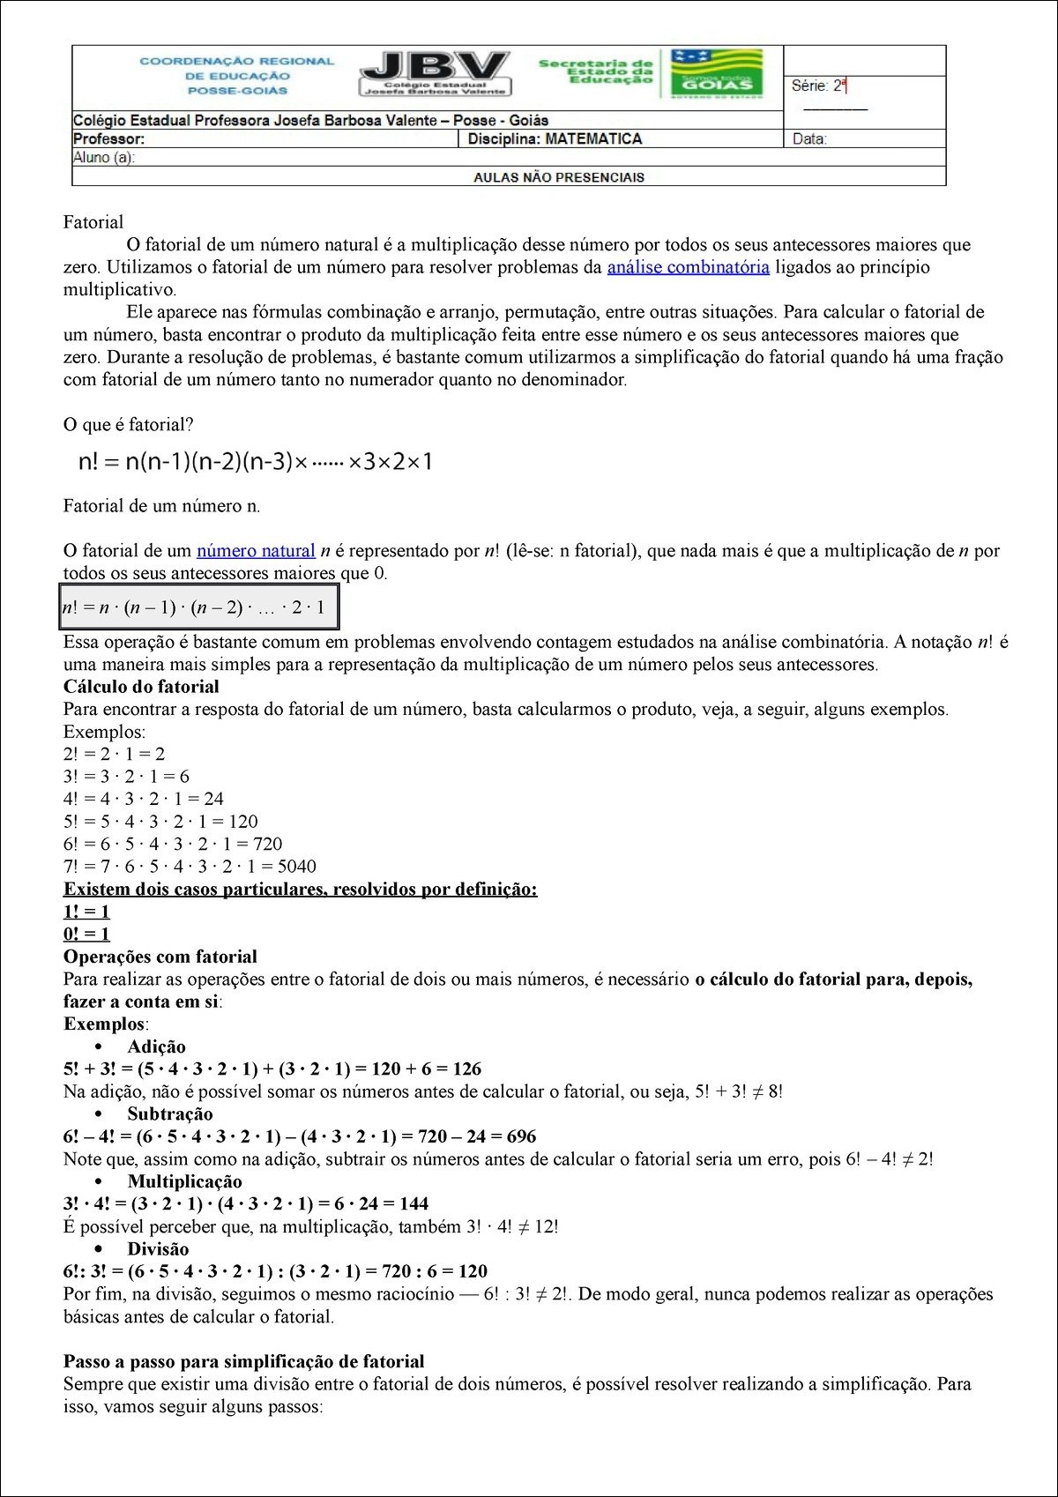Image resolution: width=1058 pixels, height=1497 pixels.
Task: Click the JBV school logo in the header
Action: pyautogui.click(x=435, y=73)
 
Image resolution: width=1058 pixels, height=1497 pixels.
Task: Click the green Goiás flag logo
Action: pyautogui.click(x=717, y=73)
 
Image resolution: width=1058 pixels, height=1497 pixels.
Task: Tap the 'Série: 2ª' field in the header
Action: pyautogui.click(x=818, y=86)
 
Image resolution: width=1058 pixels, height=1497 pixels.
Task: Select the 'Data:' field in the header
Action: pyautogui.click(x=808, y=138)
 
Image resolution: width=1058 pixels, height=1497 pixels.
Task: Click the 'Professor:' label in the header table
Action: pyautogui.click(x=108, y=138)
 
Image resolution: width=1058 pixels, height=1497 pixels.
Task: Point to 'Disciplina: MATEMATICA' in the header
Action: pyautogui.click(x=555, y=138)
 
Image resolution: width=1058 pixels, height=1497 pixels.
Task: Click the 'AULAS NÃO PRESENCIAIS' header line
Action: pyautogui.click(x=558, y=177)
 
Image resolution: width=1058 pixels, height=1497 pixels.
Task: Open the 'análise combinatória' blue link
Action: pyautogui.click(x=688, y=267)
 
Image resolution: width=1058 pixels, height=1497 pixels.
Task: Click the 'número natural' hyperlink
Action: pyautogui.click(x=256, y=551)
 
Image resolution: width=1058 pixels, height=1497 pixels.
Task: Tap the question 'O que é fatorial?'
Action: pyautogui.click(x=128, y=425)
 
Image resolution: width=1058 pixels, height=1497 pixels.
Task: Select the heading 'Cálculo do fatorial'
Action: pyautogui.click(x=141, y=687)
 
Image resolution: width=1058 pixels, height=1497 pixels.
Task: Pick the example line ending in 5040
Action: pyautogui.click(x=190, y=867)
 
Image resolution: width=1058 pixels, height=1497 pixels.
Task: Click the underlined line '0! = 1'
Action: pyautogui.click(x=86, y=935)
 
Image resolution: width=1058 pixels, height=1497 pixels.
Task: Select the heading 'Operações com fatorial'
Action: pyautogui.click(x=160, y=957)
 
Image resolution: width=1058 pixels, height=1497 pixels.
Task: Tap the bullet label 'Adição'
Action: pyautogui.click(x=156, y=1046)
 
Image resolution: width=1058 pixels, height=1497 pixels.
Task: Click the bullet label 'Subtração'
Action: pyautogui.click(x=170, y=1114)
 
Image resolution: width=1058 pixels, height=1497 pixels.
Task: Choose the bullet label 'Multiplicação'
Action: pyautogui.click(x=184, y=1181)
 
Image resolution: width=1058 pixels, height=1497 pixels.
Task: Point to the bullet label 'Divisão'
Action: pyautogui.click(x=158, y=1249)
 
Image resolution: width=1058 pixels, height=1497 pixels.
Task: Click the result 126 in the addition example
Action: pyautogui.click(x=466, y=1069)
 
